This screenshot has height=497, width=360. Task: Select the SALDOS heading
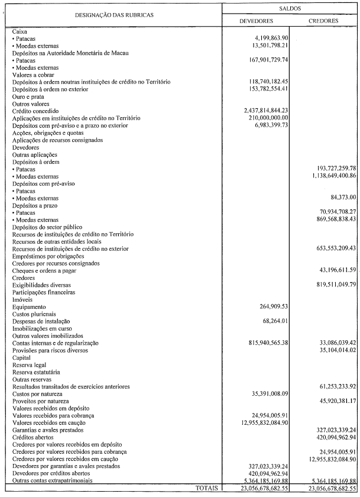click(x=290, y=9)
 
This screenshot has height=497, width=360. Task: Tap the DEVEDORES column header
click(x=255, y=21)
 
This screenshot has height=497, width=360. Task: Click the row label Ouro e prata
click(x=27, y=96)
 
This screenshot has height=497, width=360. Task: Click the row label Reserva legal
click(x=28, y=364)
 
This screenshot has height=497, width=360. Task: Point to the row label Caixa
click(x=20, y=30)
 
